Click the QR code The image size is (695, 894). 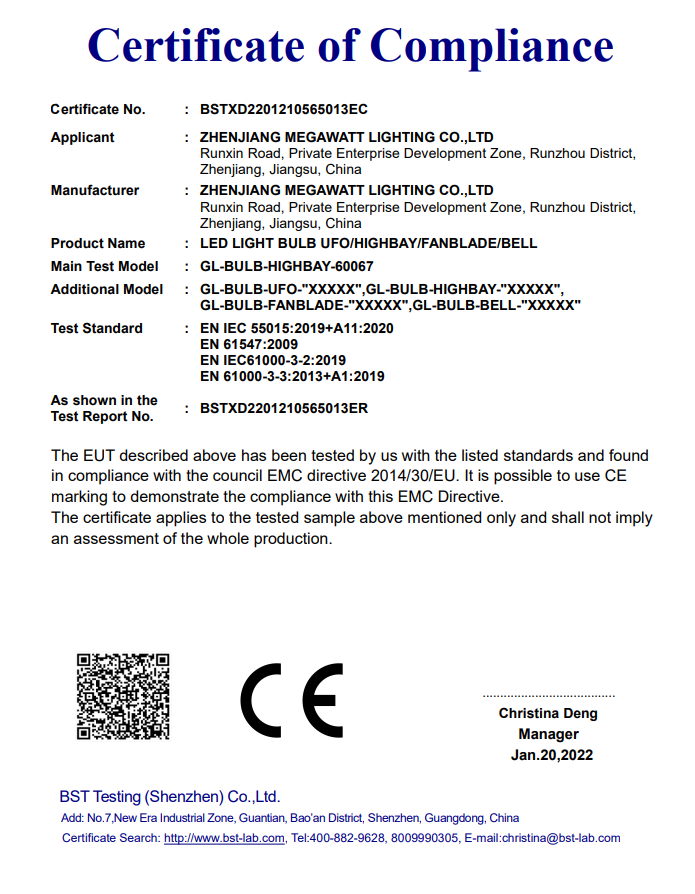(x=123, y=696)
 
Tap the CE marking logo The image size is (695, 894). (x=292, y=698)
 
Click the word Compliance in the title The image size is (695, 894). (x=491, y=45)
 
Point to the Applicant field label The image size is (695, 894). (x=83, y=137)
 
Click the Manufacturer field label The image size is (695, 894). (x=95, y=190)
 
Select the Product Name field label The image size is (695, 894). (x=98, y=243)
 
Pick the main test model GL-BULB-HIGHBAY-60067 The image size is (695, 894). (x=287, y=266)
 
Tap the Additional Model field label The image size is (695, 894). (x=107, y=289)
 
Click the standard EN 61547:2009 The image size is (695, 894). (x=249, y=344)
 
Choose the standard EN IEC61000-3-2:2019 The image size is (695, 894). (x=273, y=360)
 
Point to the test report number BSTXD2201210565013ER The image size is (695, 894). (x=284, y=408)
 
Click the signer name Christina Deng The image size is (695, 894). (x=548, y=713)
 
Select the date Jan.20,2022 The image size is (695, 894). (x=548, y=755)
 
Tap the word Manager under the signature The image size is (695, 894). (x=548, y=734)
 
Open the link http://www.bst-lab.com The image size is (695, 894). (x=224, y=838)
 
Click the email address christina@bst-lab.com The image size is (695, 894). (x=561, y=838)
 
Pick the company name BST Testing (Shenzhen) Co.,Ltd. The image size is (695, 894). (x=170, y=797)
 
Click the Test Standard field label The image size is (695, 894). (x=97, y=328)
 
